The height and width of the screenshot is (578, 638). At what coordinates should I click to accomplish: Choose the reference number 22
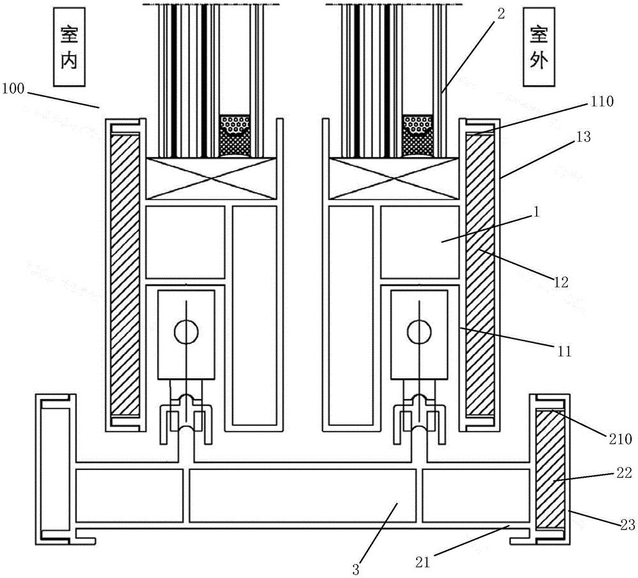tap(606, 473)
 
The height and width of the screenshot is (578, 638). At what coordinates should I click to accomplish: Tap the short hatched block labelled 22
tap(549, 470)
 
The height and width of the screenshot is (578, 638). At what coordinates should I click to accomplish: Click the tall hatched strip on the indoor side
tap(125, 275)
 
